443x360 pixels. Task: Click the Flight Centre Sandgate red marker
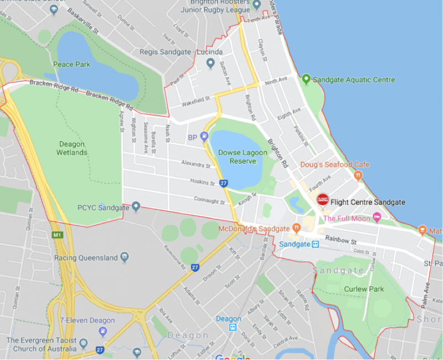click(322, 200)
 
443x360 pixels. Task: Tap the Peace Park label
click(71, 65)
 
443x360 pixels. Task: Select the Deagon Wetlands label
click(72, 148)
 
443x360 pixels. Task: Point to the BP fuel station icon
click(204, 136)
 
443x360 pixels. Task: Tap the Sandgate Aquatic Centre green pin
click(306, 79)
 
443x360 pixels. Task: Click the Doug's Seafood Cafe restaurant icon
click(358, 176)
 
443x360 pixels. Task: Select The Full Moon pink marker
click(377, 218)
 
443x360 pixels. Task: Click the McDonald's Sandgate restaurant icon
click(296, 228)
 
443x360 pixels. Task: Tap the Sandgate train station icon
click(315, 244)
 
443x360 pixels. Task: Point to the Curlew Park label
click(364, 289)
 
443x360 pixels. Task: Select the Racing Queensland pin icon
click(125, 257)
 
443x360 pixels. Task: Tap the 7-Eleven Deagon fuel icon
click(102, 331)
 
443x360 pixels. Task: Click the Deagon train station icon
click(233, 327)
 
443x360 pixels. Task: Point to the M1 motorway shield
click(56, 235)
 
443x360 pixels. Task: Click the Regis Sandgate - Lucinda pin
click(210, 63)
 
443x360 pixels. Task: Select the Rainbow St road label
click(341, 239)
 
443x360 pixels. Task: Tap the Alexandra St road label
click(197, 164)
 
